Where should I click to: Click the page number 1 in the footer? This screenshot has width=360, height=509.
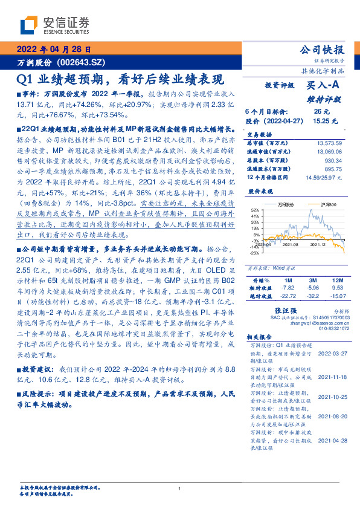pos(180,488)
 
